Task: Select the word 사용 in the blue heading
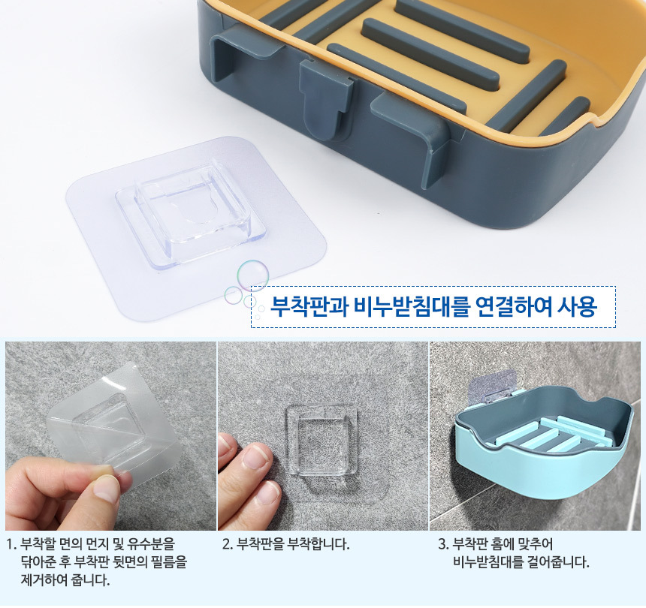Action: click(x=577, y=307)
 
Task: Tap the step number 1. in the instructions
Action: click(x=11, y=544)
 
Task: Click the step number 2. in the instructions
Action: click(x=228, y=544)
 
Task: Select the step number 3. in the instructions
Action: click(x=443, y=544)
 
